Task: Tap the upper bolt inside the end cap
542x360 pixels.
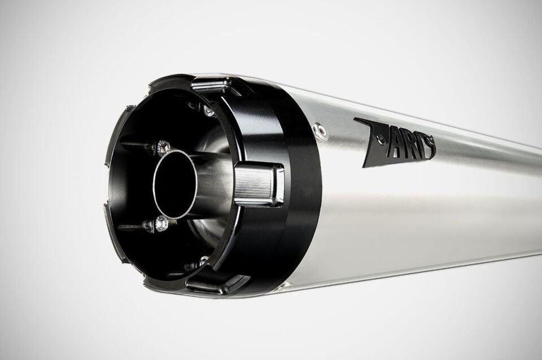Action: [x=163, y=148]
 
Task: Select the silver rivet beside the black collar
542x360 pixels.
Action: [x=322, y=131]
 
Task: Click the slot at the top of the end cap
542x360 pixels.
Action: [x=211, y=85]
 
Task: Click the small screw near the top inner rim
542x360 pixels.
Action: [x=209, y=111]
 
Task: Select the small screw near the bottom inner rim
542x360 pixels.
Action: [x=202, y=261]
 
